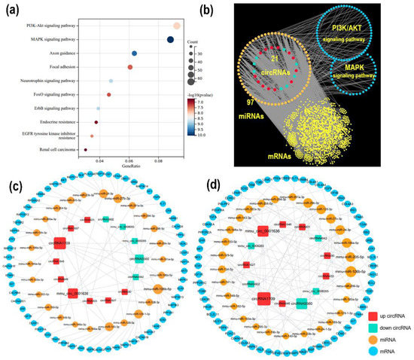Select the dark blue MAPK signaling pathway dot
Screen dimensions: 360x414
tap(171, 40)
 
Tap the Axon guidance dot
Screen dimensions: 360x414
tap(135, 53)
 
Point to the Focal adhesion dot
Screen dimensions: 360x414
tap(130, 68)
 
